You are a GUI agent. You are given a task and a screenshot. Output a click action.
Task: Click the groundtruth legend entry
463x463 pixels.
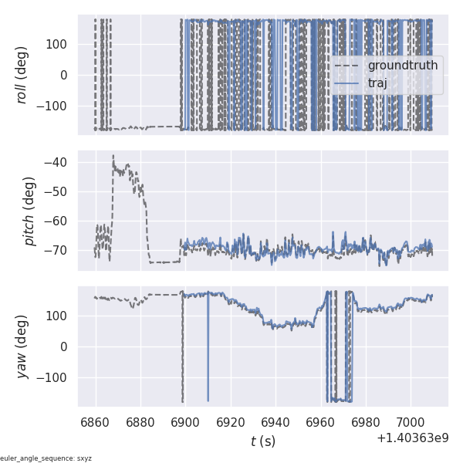(x=402, y=66)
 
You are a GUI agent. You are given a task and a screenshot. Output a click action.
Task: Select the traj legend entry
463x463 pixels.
(x=377, y=83)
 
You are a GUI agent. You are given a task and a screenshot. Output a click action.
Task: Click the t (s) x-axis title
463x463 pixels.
(x=262, y=441)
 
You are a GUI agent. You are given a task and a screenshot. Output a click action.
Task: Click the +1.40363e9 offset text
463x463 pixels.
(x=412, y=438)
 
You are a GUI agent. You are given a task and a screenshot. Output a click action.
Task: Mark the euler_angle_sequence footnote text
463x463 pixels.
(x=46, y=458)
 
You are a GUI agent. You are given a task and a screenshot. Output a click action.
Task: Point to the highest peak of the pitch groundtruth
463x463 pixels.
(x=113, y=155)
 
